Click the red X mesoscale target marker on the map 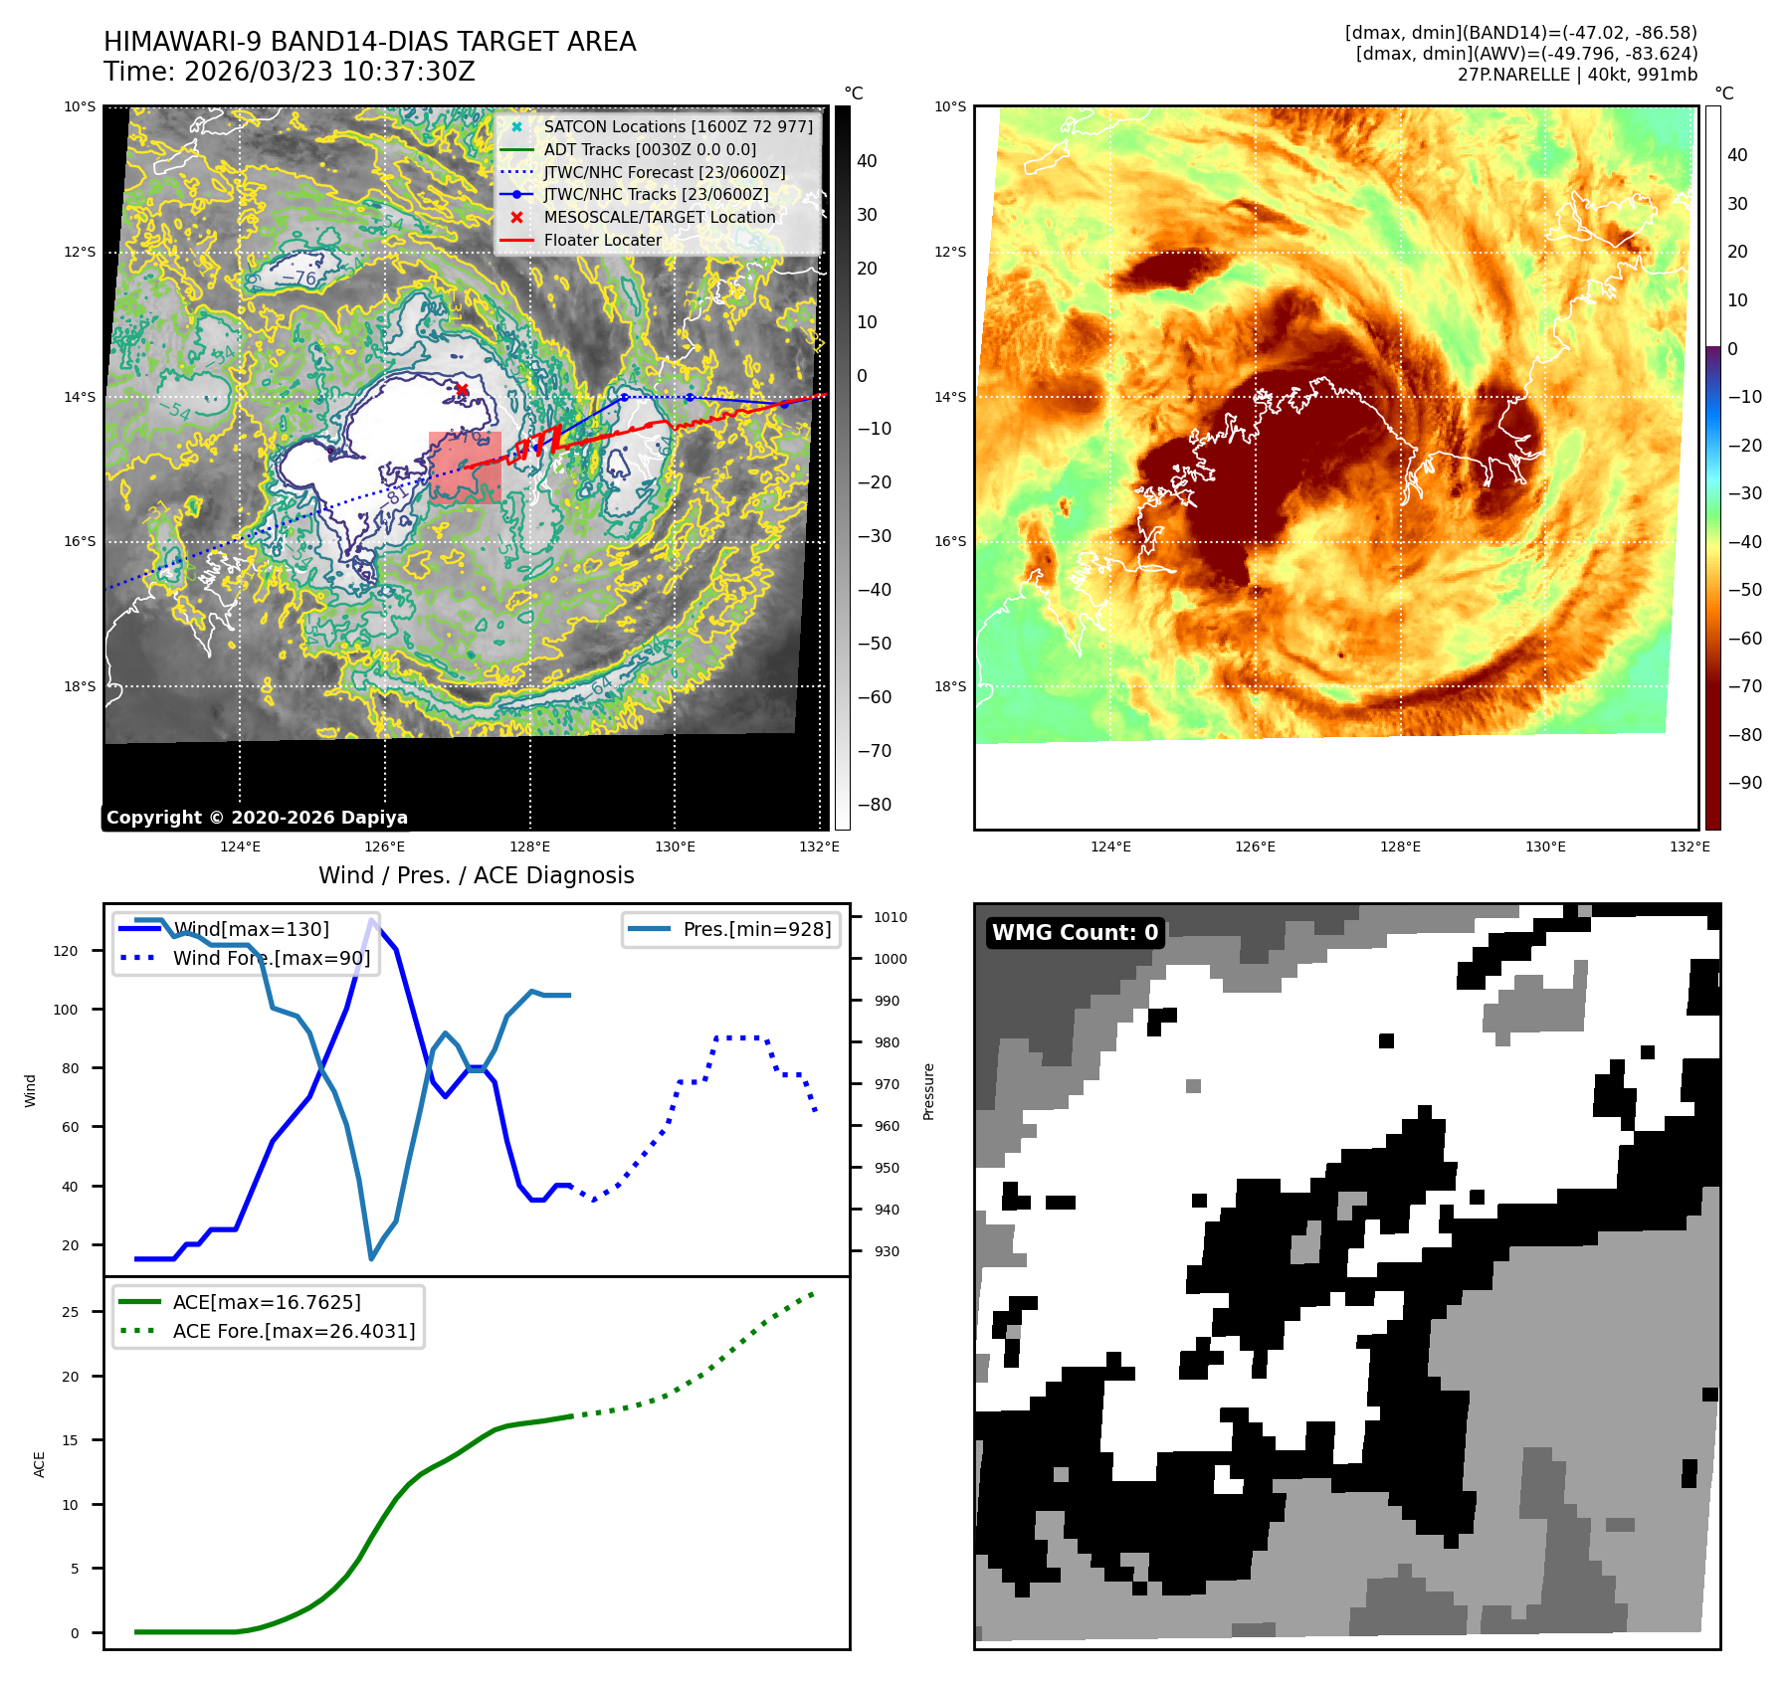point(462,389)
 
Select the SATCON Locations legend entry point(678,126)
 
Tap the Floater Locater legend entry point(602,240)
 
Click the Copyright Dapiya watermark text point(257,818)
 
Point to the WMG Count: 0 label point(1075,933)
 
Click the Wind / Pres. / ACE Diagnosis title point(476,875)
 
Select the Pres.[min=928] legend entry point(756,929)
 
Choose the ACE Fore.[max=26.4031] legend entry point(294,1331)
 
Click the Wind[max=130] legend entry point(251,929)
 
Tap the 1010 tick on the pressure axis point(891,917)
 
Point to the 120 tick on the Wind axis point(66,951)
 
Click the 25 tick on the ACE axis point(70,1312)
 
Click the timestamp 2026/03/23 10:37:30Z point(329,72)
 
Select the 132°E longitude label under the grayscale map point(819,846)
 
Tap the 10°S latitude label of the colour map point(950,106)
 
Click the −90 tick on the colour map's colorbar point(1744,783)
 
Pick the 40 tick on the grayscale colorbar point(867,161)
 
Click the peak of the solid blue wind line point(372,919)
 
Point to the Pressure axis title point(928,1091)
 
